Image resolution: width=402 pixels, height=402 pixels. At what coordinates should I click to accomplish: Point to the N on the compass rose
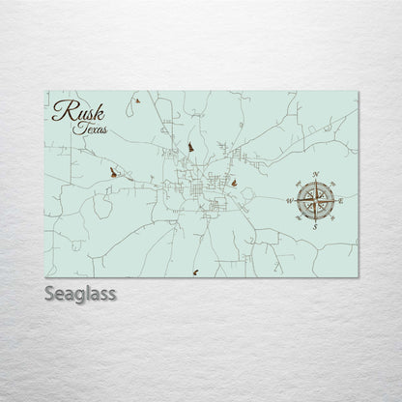click(316, 174)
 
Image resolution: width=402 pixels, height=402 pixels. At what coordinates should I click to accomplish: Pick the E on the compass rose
click(342, 199)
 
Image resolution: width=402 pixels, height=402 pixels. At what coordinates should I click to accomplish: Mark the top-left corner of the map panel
click(46, 91)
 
